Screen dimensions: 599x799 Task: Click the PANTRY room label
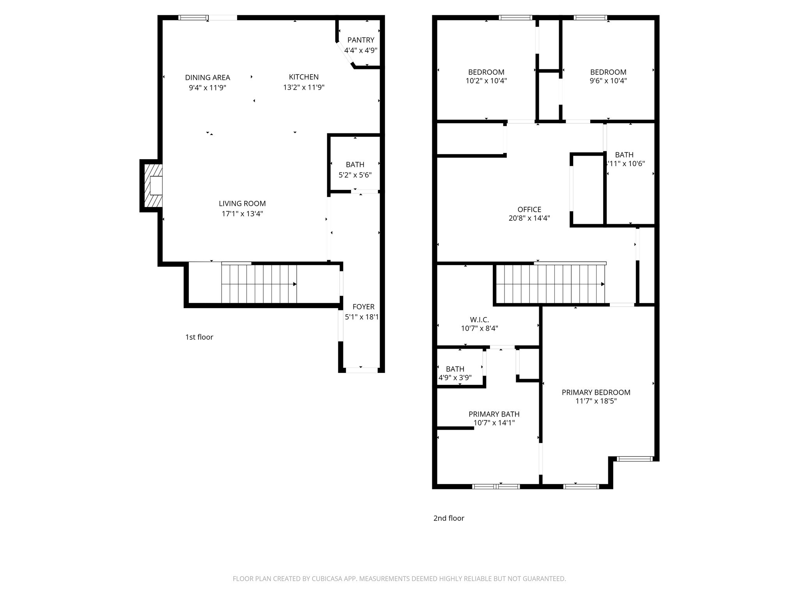360,40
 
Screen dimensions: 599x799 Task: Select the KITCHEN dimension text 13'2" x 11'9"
304,87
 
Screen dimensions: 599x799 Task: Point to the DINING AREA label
207,77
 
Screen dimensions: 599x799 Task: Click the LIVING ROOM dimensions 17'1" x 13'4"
242,214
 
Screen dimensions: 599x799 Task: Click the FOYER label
363,307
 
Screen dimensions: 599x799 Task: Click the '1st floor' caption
199,337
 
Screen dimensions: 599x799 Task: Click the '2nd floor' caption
449,518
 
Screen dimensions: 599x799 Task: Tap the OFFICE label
529,209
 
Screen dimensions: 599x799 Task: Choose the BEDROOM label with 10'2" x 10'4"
486,72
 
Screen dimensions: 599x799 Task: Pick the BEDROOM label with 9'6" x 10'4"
608,72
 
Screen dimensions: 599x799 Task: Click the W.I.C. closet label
479,320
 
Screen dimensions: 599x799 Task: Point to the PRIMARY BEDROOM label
596,392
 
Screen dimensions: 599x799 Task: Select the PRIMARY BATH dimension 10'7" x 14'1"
494,423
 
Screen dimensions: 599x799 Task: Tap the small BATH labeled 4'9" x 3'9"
455,369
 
